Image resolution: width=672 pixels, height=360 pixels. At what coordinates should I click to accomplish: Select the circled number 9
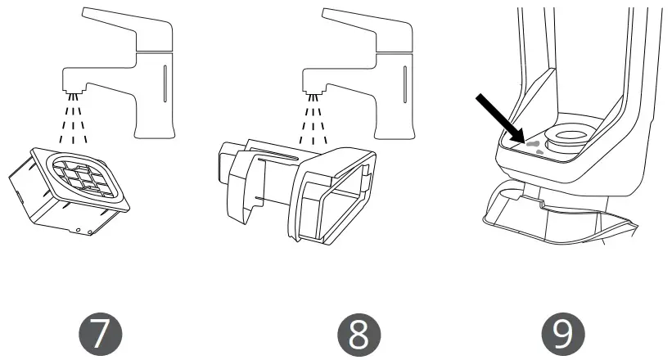pos(562,335)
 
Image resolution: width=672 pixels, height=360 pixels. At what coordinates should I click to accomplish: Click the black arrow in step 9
pos(500,117)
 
